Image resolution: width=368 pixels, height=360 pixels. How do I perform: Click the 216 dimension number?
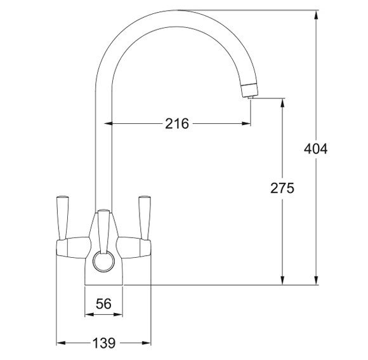click(177, 123)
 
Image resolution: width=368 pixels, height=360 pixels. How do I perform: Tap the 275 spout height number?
click(282, 188)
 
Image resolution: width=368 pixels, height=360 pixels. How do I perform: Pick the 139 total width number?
click(103, 343)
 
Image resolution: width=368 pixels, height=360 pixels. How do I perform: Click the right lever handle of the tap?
click(144, 213)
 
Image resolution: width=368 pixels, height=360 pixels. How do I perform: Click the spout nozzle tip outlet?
click(249, 93)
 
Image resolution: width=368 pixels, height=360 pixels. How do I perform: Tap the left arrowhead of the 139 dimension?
click(60, 343)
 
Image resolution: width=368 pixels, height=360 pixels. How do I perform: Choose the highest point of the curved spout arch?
click(174, 10)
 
